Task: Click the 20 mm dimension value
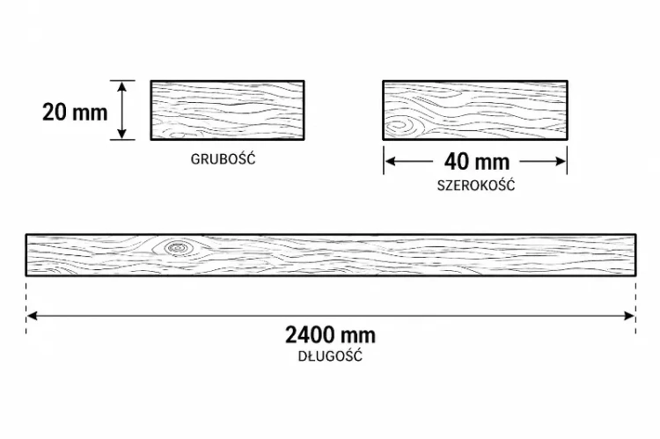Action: (x=75, y=113)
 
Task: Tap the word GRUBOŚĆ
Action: (x=224, y=158)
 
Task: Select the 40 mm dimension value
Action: (x=477, y=162)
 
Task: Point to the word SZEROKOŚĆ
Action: (x=475, y=185)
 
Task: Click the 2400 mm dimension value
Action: (x=330, y=335)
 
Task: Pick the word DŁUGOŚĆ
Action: (x=330, y=355)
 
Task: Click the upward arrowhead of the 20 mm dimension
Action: (x=122, y=86)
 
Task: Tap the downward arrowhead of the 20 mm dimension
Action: (x=122, y=134)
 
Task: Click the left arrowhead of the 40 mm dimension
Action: (x=391, y=161)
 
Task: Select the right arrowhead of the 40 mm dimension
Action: (x=561, y=161)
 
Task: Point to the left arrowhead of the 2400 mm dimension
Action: (x=32, y=316)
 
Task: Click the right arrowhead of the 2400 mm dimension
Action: (x=629, y=316)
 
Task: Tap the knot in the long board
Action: (x=178, y=248)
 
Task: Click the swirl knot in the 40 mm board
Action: (x=399, y=127)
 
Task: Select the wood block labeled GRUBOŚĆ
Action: (x=227, y=110)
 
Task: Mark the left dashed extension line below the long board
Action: (x=26, y=308)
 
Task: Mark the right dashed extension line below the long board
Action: (x=635, y=308)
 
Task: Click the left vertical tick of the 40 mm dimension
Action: (x=384, y=160)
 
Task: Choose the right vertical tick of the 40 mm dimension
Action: (x=567, y=160)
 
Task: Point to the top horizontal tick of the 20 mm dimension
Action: (x=122, y=80)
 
